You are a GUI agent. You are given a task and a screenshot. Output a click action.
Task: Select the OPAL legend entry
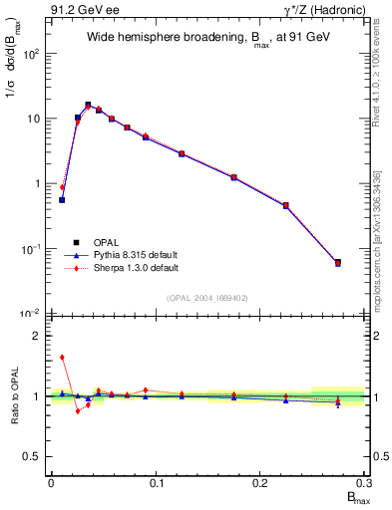tap(96, 242)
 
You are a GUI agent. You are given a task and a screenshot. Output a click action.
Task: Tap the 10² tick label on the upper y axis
tap(32, 53)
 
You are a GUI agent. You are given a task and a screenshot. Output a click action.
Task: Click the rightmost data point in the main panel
tap(338, 263)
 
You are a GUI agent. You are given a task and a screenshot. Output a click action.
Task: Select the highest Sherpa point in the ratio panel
tap(62, 357)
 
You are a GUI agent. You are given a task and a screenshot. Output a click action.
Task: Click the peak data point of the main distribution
tap(88, 105)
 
